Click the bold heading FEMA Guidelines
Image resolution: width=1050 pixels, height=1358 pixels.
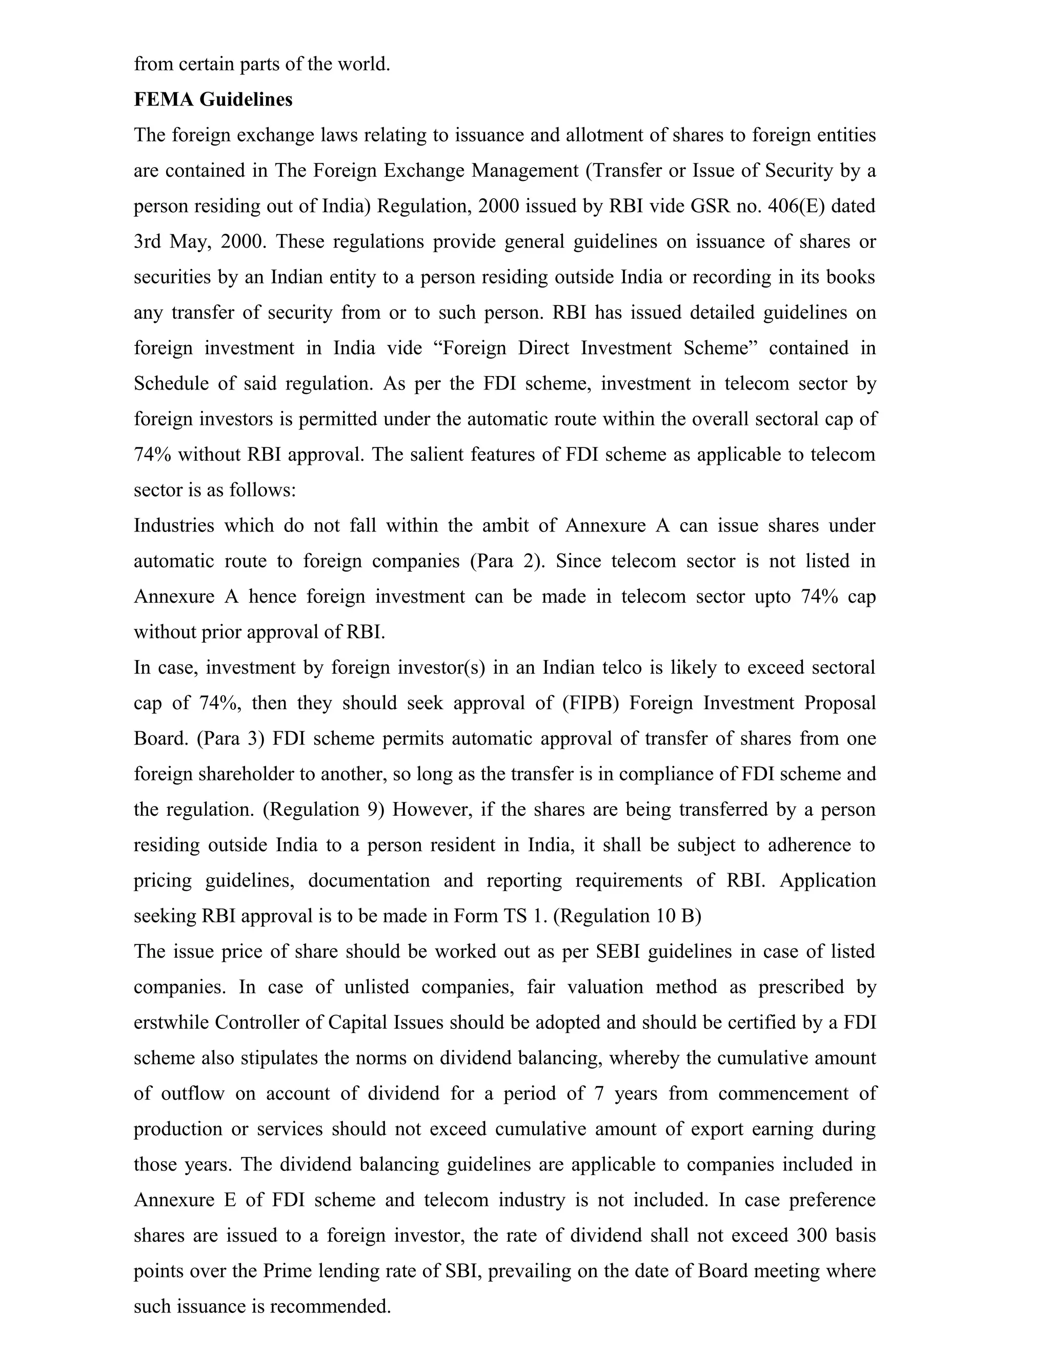pos(213,99)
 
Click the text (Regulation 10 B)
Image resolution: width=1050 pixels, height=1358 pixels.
pos(627,916)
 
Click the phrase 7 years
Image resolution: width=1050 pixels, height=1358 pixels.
pos(626,1093)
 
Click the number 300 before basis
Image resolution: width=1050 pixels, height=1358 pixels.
pos(812,1235)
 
